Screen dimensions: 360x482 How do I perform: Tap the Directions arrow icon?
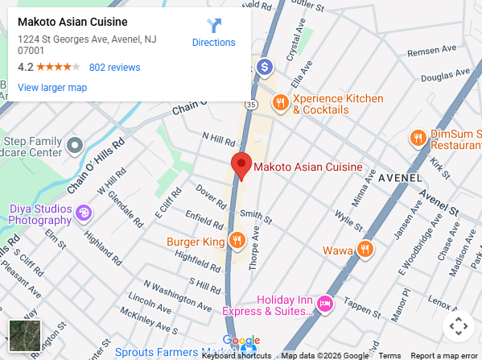(213, 26)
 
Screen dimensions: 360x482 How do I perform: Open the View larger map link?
(52, 87)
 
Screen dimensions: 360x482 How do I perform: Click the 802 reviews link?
(114, 68)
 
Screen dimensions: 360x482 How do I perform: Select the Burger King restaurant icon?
(237, 240)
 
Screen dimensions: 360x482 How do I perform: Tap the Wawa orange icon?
(365, 249)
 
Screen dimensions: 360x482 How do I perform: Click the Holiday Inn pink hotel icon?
(325, 304)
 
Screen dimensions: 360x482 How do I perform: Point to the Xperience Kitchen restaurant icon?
(280, 102)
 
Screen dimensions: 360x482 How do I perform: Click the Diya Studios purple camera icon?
(84, 213)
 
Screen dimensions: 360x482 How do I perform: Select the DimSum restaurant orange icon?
(418, 138)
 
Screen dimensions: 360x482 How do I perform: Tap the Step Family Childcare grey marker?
(74, 146)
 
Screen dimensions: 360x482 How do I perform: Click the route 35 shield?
(252, 105)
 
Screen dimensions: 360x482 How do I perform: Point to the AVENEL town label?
(400, 177)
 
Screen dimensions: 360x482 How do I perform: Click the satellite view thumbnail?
(24, 336)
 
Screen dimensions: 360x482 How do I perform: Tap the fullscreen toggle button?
(457, 326)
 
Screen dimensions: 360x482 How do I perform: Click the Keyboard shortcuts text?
(236, 355)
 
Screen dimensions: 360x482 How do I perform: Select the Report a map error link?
(443, 355)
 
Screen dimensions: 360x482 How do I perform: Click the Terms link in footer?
(389, 355)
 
